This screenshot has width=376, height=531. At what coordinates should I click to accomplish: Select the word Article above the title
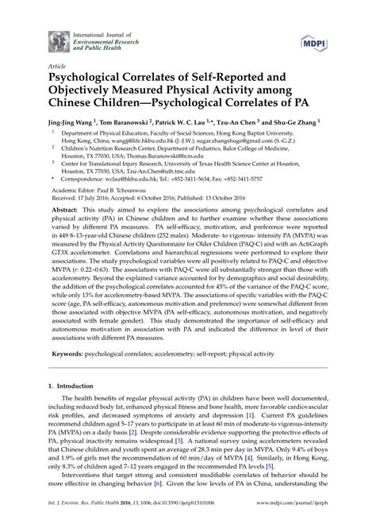click(x=58, y=67)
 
